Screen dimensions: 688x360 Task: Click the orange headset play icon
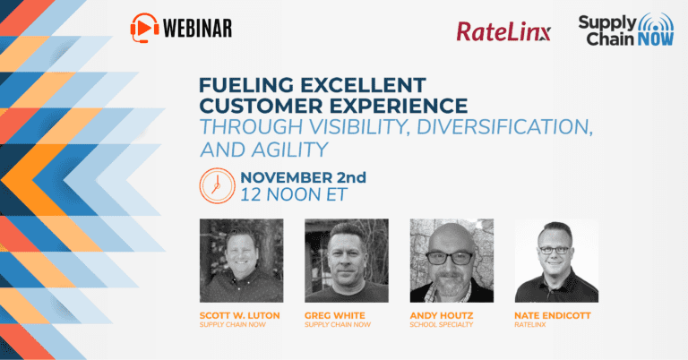click(145, 28)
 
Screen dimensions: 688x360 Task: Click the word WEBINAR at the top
click(197, 29)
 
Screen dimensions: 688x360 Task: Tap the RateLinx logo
click(503, 32)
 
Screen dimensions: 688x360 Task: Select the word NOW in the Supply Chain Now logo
click(655, 39)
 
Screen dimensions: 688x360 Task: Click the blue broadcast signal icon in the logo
click(656, 22)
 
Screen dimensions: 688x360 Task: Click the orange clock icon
click(217, 185)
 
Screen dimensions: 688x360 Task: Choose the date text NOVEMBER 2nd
click(303, 177)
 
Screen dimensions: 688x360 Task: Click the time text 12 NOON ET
click(294, 195)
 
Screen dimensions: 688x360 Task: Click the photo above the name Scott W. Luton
click(241, 261)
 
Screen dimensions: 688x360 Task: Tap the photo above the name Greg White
click(347, 261)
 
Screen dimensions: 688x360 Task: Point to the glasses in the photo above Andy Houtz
click(449, 258)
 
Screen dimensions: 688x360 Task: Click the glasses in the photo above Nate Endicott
click(555, 251)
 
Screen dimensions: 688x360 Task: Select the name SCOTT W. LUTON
click(239, 315)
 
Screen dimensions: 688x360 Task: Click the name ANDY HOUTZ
click(442, 315)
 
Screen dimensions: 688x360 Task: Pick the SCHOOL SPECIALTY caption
click(442, 324)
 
